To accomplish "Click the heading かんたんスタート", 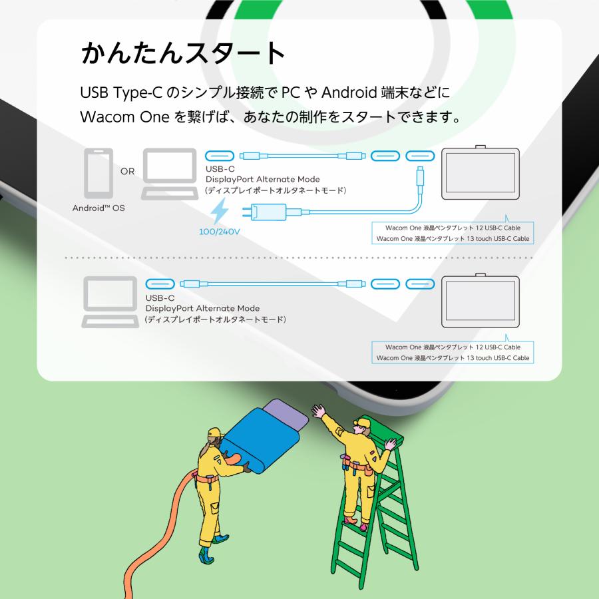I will [183, 53].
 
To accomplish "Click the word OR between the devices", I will [128, 171].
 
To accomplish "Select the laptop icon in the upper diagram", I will [170, 174].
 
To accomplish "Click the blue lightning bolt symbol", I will [219, 214].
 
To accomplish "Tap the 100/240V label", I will [220, 233].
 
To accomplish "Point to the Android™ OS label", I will [99, 208].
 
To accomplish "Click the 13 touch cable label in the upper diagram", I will [453, 238].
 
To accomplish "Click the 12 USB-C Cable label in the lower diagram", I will [453, 347].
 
